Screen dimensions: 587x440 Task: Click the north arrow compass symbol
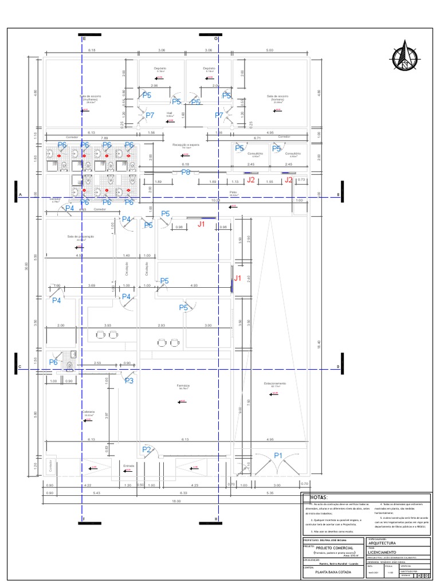click(x=406, y=56)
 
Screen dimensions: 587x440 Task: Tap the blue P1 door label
click(x=279, y=455)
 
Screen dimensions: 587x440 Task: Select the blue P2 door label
click(x=147, y=450)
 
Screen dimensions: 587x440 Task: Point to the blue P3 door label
click(x=129, y=380)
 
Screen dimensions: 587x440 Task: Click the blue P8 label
click(x=186, y=172)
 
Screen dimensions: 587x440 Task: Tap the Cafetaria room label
click(x=88, y=412)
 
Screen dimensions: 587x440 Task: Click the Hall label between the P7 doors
click(x=170, y=113)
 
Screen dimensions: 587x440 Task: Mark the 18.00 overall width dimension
click(x=175, y=502)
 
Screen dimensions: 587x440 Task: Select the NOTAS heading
click(x=319, y=498)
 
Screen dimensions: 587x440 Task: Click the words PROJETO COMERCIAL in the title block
click(x=331, y=547)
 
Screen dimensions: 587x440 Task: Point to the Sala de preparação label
click(x=80, y=236)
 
